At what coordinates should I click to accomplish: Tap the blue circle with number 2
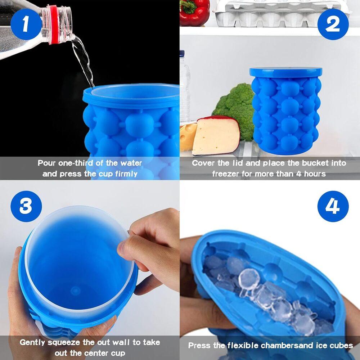coord(333,24)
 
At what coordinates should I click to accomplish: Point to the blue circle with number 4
coord(333,206)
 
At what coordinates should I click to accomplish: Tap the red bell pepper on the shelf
coord(194,13)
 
